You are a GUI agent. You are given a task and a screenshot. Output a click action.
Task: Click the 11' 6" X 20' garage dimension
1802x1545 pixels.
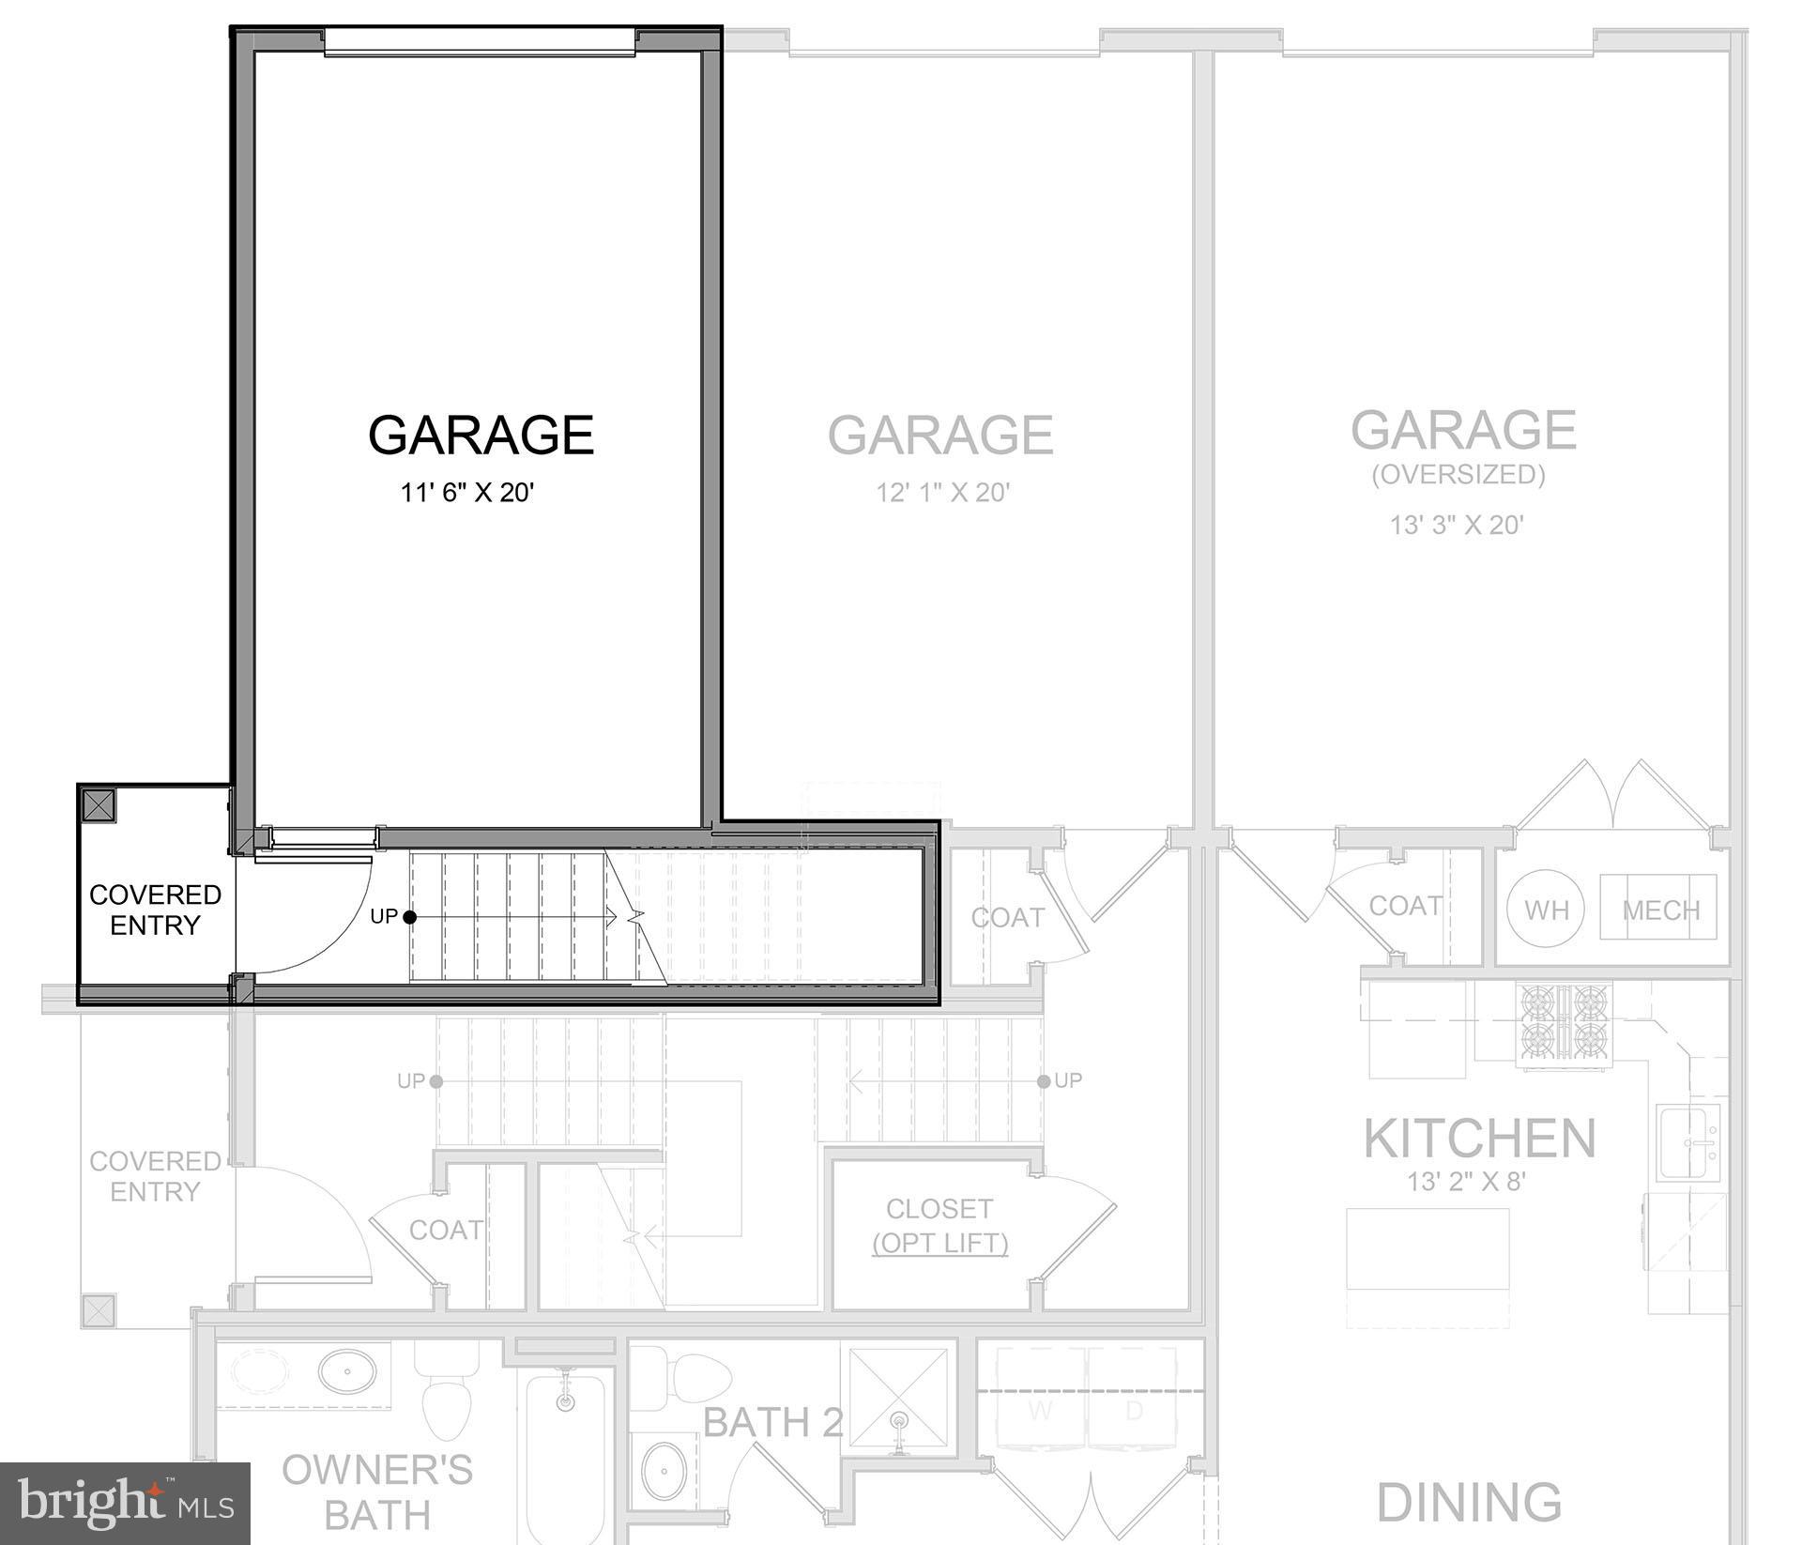pos(467,493)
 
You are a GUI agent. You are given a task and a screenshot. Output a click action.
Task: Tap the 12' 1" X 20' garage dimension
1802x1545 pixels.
pos(942,493)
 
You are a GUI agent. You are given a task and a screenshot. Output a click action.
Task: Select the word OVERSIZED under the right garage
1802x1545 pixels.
pos(1458,475)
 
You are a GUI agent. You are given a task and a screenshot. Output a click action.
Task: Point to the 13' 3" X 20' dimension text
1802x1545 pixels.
pos(1457,525)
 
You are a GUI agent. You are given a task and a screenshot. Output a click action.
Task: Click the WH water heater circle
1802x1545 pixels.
pos(1545,910)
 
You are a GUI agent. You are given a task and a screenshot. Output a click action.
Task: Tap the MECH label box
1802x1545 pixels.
pos(1659,910)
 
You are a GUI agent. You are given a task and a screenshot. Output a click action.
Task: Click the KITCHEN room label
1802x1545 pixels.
pos(1479,1139)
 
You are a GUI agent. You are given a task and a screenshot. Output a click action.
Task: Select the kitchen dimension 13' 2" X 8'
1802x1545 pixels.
pos(1466,1182)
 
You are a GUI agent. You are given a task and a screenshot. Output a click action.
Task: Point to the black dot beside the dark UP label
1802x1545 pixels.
pos(410,917)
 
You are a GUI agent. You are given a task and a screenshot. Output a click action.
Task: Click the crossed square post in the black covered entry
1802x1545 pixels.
pos(99,805)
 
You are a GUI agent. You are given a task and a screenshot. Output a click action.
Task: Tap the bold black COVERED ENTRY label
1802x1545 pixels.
pos(156,910)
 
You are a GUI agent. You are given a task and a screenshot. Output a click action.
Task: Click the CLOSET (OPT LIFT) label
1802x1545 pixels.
pos(939,1225)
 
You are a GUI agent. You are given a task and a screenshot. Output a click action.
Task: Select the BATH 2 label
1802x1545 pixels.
pos(772,1423)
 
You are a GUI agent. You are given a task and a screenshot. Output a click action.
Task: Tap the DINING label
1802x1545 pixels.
pos(1469,1502)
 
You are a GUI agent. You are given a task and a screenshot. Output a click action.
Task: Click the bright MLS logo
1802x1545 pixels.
pos(125,1504)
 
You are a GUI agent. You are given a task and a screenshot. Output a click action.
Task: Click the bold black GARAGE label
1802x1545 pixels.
pos(481,435)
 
